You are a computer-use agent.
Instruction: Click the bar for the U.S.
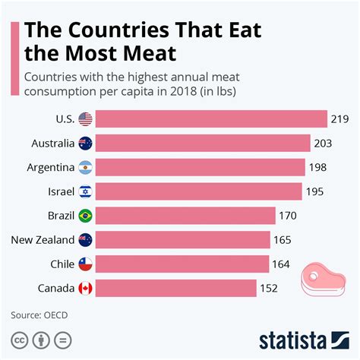point(212,119)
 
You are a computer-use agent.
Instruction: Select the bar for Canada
point(176,288)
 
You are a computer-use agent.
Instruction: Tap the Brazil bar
point(186,216)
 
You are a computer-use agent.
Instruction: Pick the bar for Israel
point(200,191)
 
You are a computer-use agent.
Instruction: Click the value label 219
point(339,119)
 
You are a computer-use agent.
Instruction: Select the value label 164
point(282,264)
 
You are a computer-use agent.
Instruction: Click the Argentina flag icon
point(85,167)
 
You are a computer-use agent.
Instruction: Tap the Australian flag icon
point(85,144)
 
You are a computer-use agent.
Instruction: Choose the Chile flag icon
point(85,264)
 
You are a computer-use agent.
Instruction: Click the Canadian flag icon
point(85,288)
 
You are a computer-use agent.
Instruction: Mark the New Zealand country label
point(43,240)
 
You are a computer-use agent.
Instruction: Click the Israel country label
point(60,191)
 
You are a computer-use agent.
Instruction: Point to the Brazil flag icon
point(85,216)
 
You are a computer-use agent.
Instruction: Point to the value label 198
point(317,167)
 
